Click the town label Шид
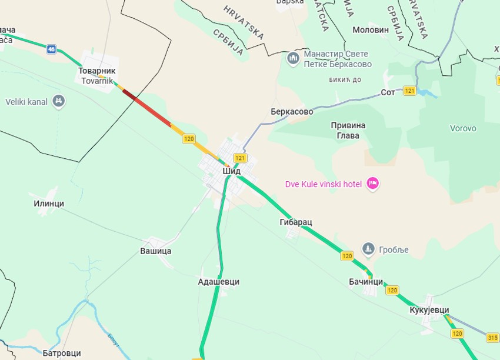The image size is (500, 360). (x=232, y=171)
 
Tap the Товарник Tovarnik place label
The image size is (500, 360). (x=97, y=75)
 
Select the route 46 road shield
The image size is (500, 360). (x=52, y=49)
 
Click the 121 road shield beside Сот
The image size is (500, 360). (x=410, y=91)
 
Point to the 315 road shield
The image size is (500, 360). (x=492, y=337)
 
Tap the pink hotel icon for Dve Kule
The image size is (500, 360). (x=372, y=184)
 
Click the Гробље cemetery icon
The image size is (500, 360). (x=368, y=249)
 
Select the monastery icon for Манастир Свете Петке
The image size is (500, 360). (x=292, y=58)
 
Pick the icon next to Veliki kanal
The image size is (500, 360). (x=58, y=101)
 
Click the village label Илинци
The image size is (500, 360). (x=49, y=204)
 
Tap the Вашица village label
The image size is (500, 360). (x=155, y=251)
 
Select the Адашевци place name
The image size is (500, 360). (x=219, y=282)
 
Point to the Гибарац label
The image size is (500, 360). (x=296, y=222)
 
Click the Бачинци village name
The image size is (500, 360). (x=366, y=282)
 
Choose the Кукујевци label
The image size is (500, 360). (x=429, y=310)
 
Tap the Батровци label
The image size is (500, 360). (x=62, y=354)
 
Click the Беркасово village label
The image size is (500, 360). (x=288, y=111)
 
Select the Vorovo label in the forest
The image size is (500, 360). (x=463, y=128)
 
